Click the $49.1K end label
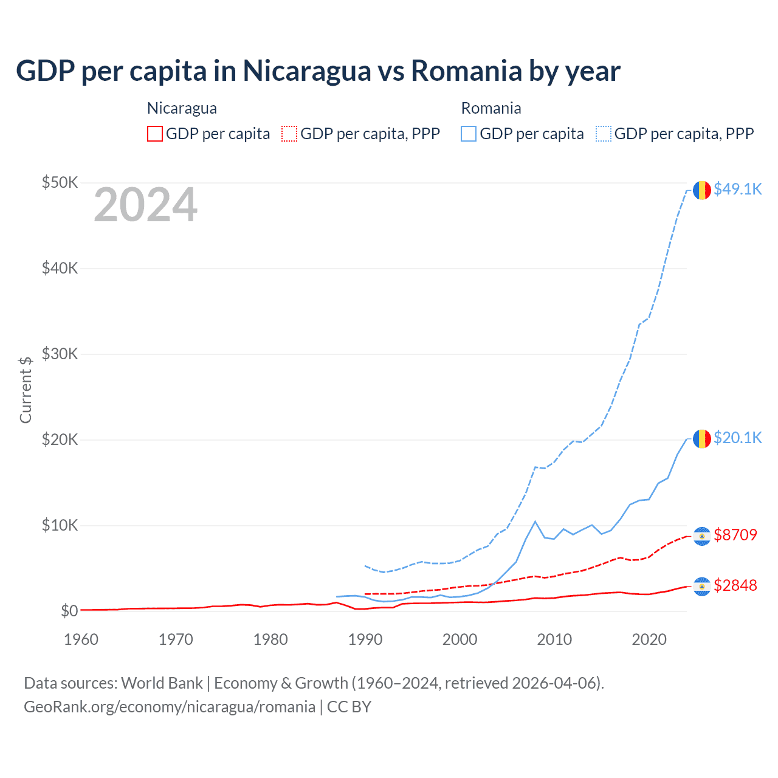point(737,189)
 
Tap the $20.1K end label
point(737,438)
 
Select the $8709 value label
point(735,535)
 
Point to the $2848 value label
point(735,585)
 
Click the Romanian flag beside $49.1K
point(702,190)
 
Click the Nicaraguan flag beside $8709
point(702,536)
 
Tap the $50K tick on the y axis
point(60,182)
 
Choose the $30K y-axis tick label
point(60,354)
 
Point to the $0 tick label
point(69,611)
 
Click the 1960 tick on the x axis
point(81,639)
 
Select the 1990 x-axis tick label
point(365,639)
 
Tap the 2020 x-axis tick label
point(649,639)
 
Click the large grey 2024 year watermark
point(145,205)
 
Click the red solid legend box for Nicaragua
point(155,134)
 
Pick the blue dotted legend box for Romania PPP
point(604,134)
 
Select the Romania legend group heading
point(491,108)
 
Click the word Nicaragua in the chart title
point(307,71)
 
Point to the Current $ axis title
point(26,390)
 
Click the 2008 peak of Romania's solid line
point(535,522)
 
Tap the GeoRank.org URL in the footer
point(170,707)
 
